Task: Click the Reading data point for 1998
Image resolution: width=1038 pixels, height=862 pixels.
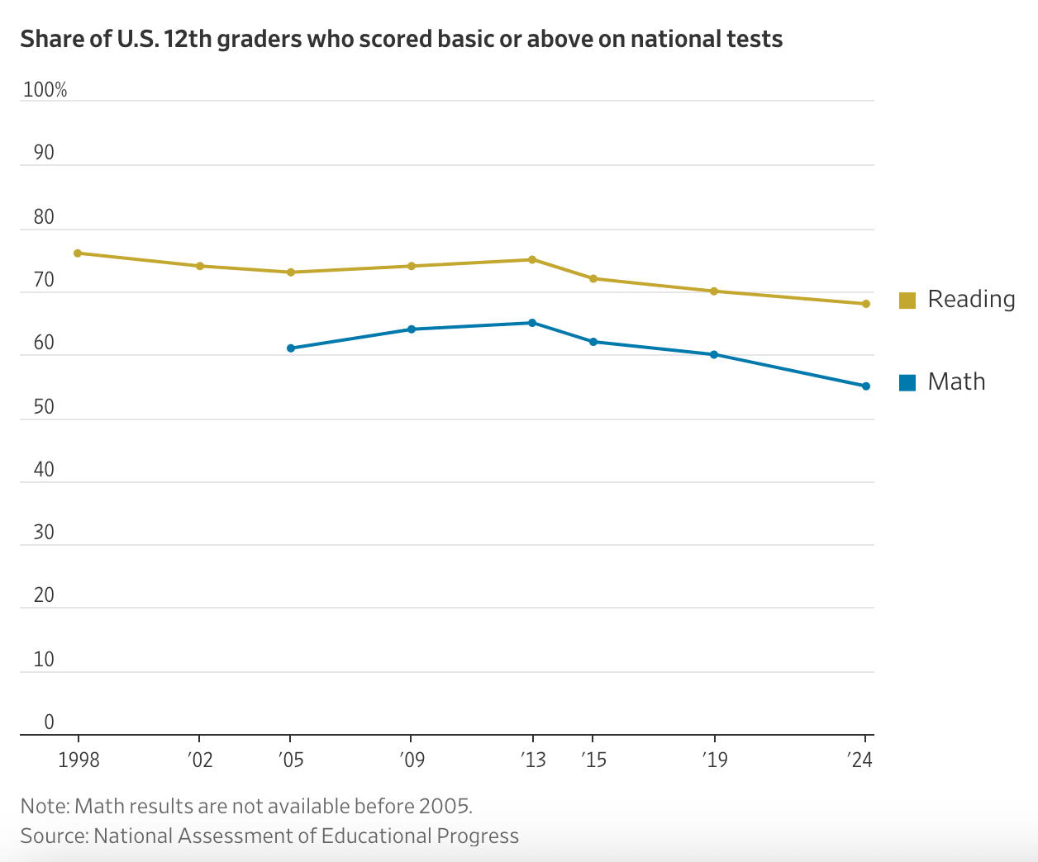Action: click(78, 253)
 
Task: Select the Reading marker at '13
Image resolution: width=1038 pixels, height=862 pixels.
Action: click(532, 259)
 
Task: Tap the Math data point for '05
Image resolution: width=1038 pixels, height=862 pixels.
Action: click(291, 348)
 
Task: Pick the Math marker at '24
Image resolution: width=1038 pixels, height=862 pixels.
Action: click(866, 386)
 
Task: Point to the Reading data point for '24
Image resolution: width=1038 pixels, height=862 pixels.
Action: click(866, 304)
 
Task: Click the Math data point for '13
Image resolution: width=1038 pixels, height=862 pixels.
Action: click(532, 323)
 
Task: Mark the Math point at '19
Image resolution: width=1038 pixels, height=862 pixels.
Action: click(714, 355)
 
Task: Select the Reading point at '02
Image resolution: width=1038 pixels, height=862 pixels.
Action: click(199, 266)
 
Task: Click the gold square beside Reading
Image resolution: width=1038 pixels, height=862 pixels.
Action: click(907, 301)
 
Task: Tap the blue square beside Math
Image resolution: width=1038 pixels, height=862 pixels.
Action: click(907, 383)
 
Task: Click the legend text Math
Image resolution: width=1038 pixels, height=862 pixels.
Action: click(956, 381)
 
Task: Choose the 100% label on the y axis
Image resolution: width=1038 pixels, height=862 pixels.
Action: click(45, 90)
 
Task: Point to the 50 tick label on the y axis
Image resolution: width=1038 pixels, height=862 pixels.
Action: click(44, 407)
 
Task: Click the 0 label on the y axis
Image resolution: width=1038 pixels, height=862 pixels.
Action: click(49, 722)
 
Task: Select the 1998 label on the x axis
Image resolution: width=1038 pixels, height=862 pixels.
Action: click(79, 760)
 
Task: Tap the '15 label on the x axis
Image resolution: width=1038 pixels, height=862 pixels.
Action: click(593, 760)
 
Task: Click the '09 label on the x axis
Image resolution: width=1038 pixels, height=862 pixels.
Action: click(412, 760)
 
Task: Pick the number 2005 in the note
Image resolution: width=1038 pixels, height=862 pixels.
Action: click(444, 806)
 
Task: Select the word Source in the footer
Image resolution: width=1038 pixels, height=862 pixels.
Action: click(53, 836)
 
